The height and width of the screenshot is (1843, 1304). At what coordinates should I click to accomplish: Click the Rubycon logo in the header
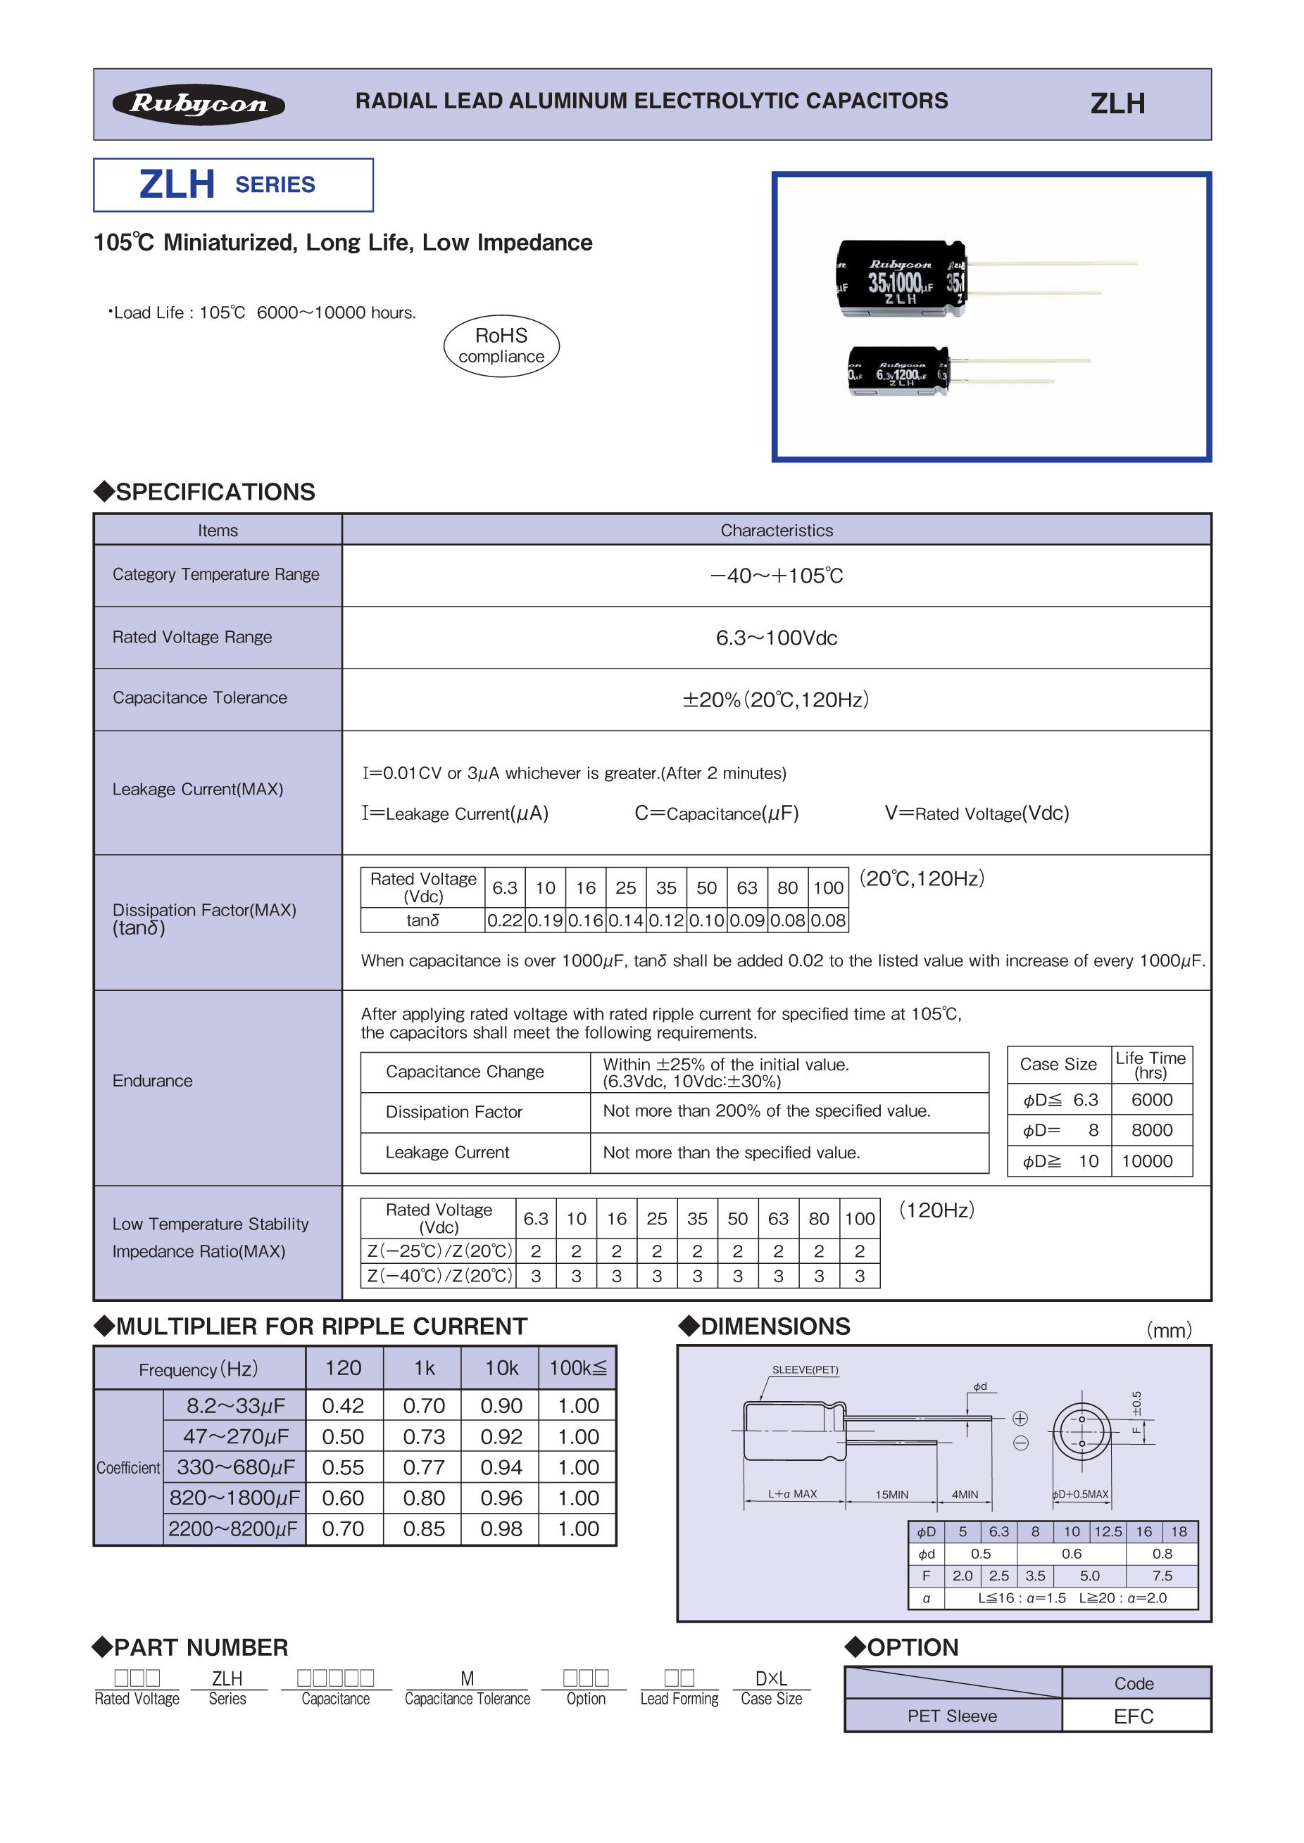coord(199,104)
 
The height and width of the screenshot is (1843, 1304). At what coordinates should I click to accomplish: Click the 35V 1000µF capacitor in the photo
coord(902,278)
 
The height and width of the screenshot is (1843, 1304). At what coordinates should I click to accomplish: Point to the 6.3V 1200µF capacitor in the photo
coord(898,371)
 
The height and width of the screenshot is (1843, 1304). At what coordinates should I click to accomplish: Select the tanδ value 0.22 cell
coord(505,920)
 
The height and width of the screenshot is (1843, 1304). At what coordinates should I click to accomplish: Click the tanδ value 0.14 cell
coord(625,920)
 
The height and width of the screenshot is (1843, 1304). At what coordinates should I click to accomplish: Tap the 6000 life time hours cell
coord(1151,1100)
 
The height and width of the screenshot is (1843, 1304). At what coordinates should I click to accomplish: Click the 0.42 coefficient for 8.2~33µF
coord(343,1405)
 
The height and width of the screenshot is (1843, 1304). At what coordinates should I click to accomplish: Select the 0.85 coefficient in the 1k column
coord(423,1529)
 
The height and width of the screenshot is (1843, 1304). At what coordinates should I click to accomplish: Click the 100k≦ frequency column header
coord(578,1369)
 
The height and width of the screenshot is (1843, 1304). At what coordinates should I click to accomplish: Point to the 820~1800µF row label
coord(234,1499)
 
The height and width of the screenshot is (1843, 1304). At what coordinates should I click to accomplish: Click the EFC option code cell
coord(1133,1716)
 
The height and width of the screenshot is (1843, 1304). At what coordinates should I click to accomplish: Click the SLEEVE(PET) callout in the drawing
coord(805,1369)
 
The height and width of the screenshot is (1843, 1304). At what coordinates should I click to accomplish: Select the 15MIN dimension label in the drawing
coord(891,1495)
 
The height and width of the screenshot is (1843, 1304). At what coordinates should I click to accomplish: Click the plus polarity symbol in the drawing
coord(1020,1419)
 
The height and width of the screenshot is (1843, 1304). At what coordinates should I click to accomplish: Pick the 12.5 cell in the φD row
coord(1108,1531)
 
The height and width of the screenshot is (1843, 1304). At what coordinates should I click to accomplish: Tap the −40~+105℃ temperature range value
coord(777,576)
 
